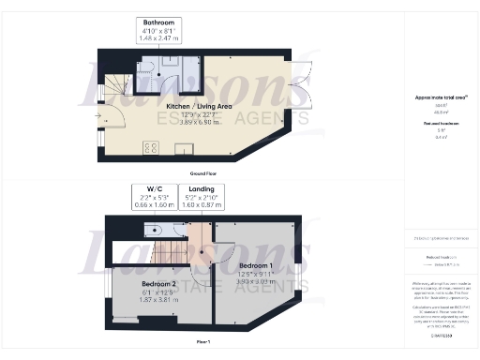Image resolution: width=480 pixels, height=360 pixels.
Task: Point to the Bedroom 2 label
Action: point(159,282)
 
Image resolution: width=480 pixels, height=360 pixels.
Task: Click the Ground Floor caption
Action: point(205,173)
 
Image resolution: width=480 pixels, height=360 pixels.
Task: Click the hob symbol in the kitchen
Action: point(149,148)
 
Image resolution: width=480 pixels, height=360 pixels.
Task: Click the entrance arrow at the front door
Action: point(97,117)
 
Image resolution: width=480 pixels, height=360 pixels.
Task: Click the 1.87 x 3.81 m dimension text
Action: point(159,297)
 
